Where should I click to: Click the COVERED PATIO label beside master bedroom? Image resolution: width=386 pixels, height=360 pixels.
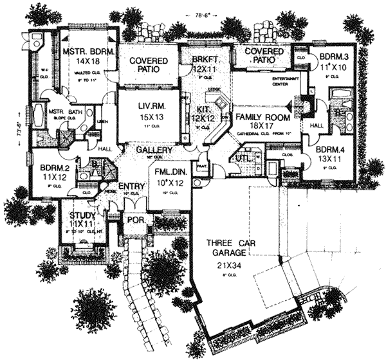(150, 65)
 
